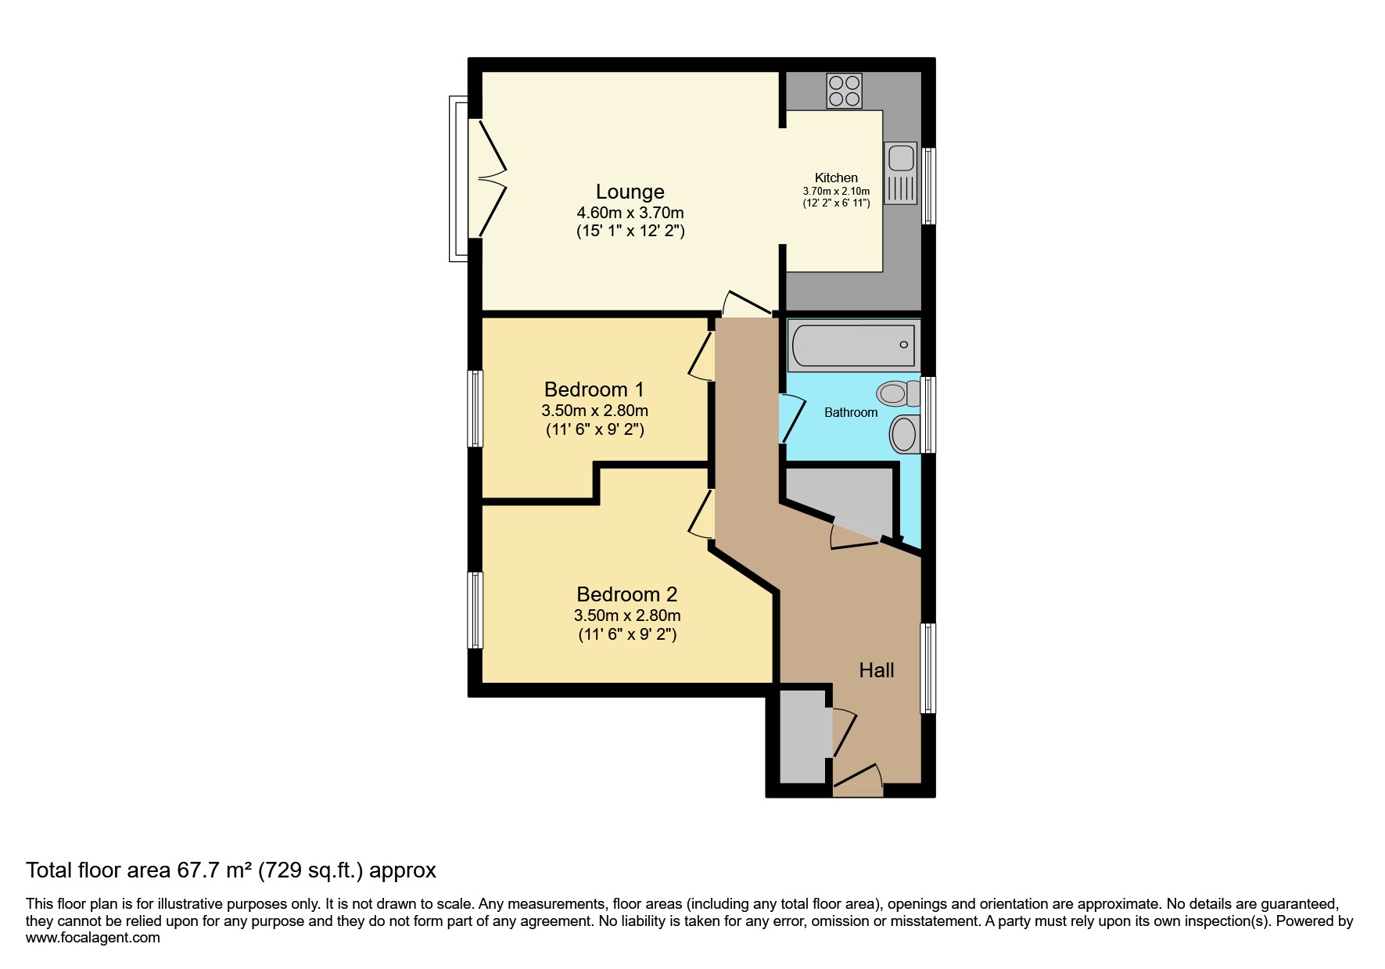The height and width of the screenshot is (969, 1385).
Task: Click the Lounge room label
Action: [x=630, y=192]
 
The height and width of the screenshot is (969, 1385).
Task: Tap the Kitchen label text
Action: [x=836, y=178]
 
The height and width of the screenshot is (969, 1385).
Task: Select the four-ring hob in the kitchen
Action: [x=845, y=91]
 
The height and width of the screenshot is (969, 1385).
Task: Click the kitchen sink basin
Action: [x=901, y=158]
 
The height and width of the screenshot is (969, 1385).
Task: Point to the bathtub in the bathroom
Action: [x=853, y=345]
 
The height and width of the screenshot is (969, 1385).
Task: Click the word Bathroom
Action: [x=851, y=412]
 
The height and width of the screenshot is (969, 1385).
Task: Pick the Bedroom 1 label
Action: [x=594, y=389]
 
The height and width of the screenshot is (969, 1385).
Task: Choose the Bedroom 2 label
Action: [x=627, y=594]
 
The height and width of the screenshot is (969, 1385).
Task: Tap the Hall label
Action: [x=877, y=670]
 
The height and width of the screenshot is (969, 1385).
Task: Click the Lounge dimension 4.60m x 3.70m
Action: [x=630, y=213]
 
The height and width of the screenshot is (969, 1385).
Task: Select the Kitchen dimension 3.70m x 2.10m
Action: [x=836, y=192]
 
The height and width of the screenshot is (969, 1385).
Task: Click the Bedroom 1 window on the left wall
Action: [x=475, y=408]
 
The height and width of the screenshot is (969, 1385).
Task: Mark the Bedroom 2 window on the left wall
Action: [x=475, y=610]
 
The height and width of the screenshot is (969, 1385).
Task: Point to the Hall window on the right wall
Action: [x=928, y=668]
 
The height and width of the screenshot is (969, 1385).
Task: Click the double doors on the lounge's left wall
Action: [x=488, y=178]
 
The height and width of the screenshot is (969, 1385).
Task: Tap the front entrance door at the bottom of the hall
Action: [x=858, y=781]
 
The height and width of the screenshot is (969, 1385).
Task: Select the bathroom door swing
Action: [x=792, y=418]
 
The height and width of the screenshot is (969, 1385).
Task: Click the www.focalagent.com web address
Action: [x=93, y=938]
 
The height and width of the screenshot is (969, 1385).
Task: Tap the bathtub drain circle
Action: [x=904, y=345]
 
